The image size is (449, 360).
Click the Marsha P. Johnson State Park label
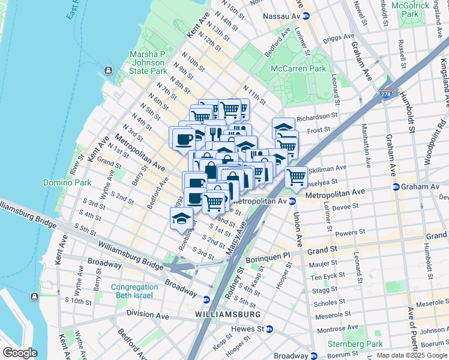coord(148,62)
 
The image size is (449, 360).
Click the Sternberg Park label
coord(355,344)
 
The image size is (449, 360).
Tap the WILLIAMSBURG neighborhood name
coord(228,314)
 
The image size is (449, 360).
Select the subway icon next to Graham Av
coord(396,187)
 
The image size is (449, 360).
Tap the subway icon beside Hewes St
coord(270,329)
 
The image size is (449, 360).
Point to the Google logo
coord(20,353)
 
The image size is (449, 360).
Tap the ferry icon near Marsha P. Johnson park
coord(108,71)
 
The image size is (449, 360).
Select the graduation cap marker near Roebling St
coord(181,218)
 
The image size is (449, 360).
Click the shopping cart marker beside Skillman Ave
coord(297,176)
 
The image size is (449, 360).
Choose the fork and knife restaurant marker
coord(214,133)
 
